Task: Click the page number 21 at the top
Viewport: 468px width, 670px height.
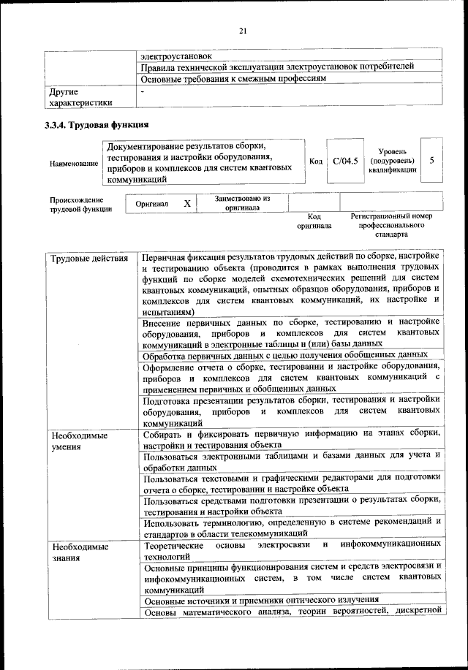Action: tap(244, 30)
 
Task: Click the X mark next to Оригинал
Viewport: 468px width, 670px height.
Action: tap(186, 203)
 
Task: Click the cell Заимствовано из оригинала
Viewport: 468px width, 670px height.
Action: tap(242, 202)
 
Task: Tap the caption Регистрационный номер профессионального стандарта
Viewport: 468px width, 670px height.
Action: tap(391, 226)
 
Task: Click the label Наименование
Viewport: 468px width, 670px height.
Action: tap(74, 163)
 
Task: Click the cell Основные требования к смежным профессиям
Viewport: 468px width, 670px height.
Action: tap(233, 79)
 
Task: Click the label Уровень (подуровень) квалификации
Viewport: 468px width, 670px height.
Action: tap(392, 159)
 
